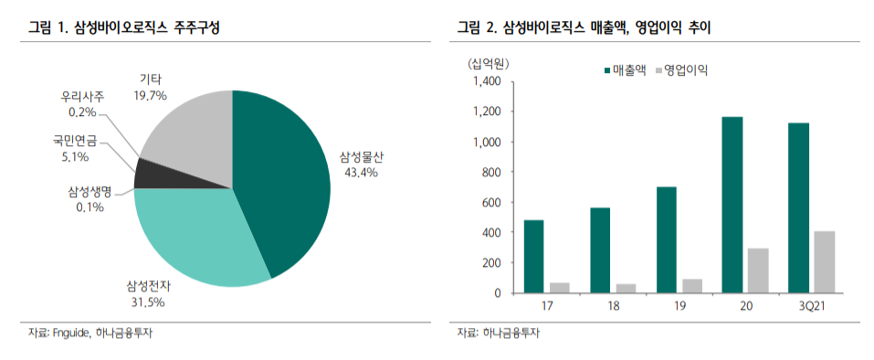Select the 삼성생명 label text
[x=89, y=191]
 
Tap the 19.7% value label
[x=151, y=95]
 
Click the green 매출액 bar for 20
[x=732, y=205]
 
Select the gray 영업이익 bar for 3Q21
[x=824, y=261]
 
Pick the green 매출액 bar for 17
[x=533, y=256]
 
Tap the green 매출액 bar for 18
[x=599, y=249]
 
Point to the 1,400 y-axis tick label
[x=486, y=81]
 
